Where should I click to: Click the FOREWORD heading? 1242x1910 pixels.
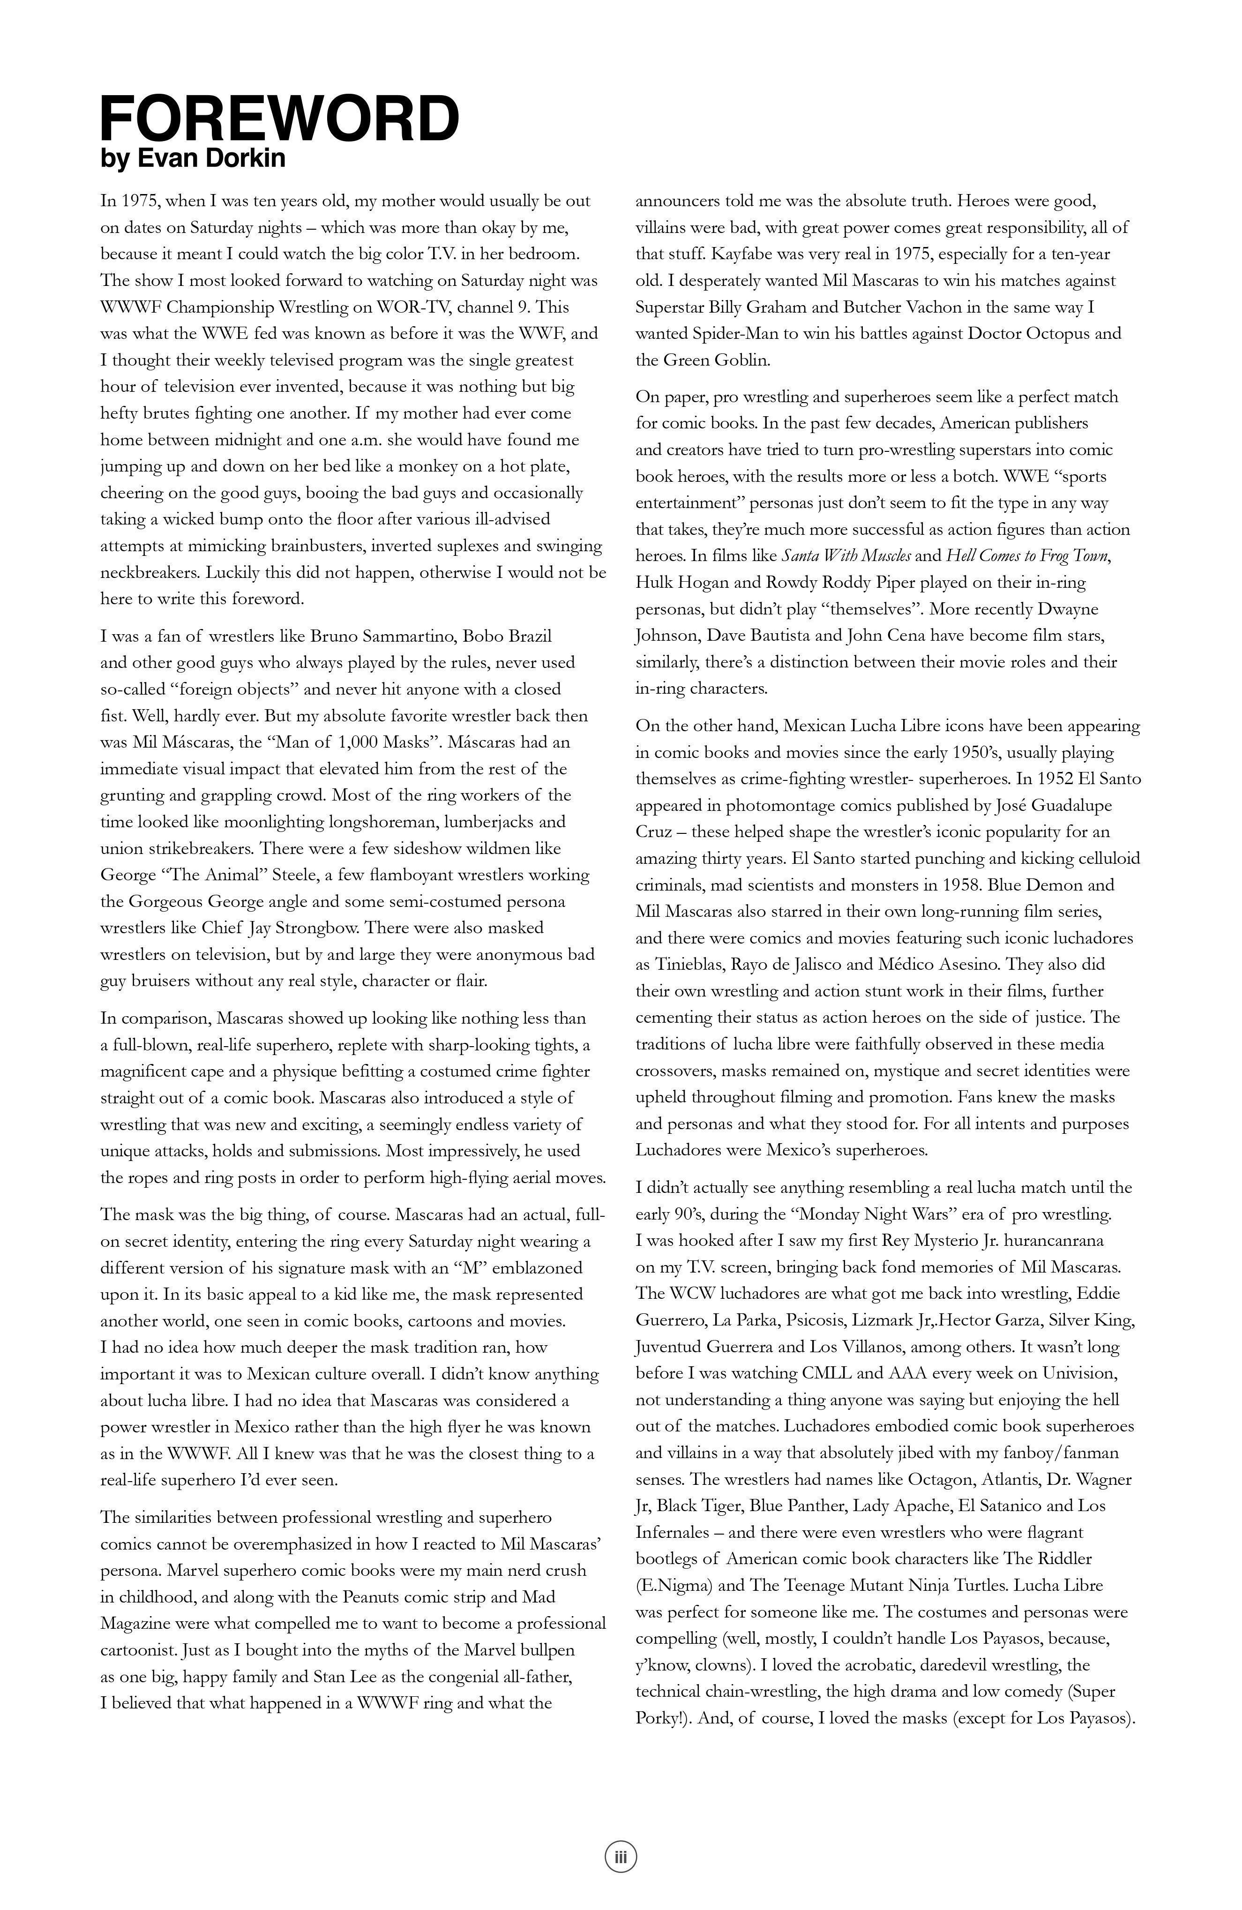pyautogui.click(x=279, y=119)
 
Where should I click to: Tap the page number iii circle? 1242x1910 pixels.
pyautogui.click(x=620, y=1856)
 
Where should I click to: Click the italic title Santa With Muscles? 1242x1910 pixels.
pyautogui.click(x=845, y=555)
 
